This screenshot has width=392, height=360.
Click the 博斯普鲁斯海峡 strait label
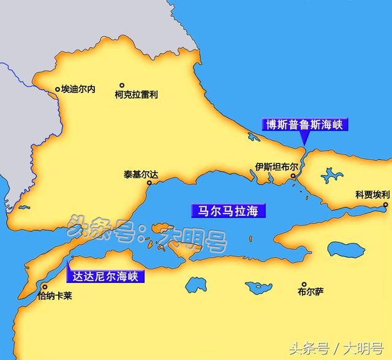304,124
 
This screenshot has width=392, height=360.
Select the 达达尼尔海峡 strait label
105,276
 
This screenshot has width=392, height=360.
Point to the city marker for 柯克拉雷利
122,86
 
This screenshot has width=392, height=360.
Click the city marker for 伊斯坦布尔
293,176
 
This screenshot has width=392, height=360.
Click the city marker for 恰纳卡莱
43,286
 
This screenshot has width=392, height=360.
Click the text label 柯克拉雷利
136,95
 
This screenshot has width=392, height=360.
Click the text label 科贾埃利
372,195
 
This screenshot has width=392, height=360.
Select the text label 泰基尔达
140,174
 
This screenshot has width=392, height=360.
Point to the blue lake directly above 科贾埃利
331,176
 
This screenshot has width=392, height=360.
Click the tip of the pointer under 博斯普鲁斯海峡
303,146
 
